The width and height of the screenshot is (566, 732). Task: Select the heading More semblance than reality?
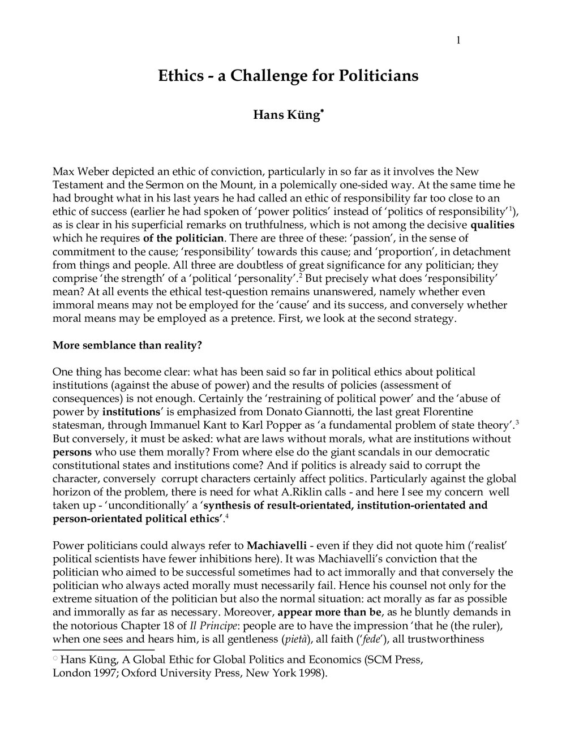pyautogui.click(x=127, y=346)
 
